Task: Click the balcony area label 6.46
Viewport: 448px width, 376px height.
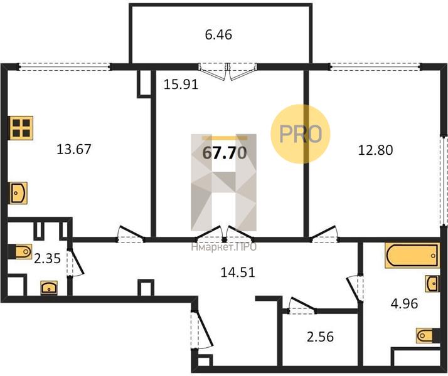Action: pyautogui.click(x=218, y=35)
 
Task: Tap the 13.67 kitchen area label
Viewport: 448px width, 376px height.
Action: pyautogui.click(x=73, y=149)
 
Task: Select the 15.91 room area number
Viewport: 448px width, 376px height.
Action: pyautogui.click(x=181, y=85)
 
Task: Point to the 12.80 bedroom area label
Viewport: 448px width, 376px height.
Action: pyautogui.click(x=375, y=150)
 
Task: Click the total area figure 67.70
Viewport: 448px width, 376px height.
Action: pyautogui.click(x=224, y=153)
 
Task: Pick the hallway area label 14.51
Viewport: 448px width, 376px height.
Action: pyautogui.click(x=238, y=273)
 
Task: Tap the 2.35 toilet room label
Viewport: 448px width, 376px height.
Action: pyautogui.click(x=48, y=259)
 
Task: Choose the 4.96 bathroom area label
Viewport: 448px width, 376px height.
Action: pyautogui.click(x=404, y=303)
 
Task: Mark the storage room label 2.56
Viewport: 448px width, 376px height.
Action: pyautogui.click(x=320, y=337)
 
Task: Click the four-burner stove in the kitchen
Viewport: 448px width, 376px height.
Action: pyautogui.click(x=21, y=128)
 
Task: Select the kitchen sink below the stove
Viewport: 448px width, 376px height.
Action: pyautogui.click(x=19, y=193)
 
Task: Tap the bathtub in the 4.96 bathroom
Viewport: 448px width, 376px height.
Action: pyautogui.click(x=412, y=256)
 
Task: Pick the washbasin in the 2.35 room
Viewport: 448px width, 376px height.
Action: pyautogui.click(x=49, y=288)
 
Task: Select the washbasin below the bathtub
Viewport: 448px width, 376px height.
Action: pyautogui.click(x=432, y=284)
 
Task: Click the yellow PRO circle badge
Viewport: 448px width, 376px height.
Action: pyautogui.click(x=301, y=134)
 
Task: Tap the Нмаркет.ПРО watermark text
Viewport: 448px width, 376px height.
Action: pyautogui.click(x=224, y=247)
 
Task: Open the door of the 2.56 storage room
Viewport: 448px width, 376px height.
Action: pyautogui.click(x=302, y=306)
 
